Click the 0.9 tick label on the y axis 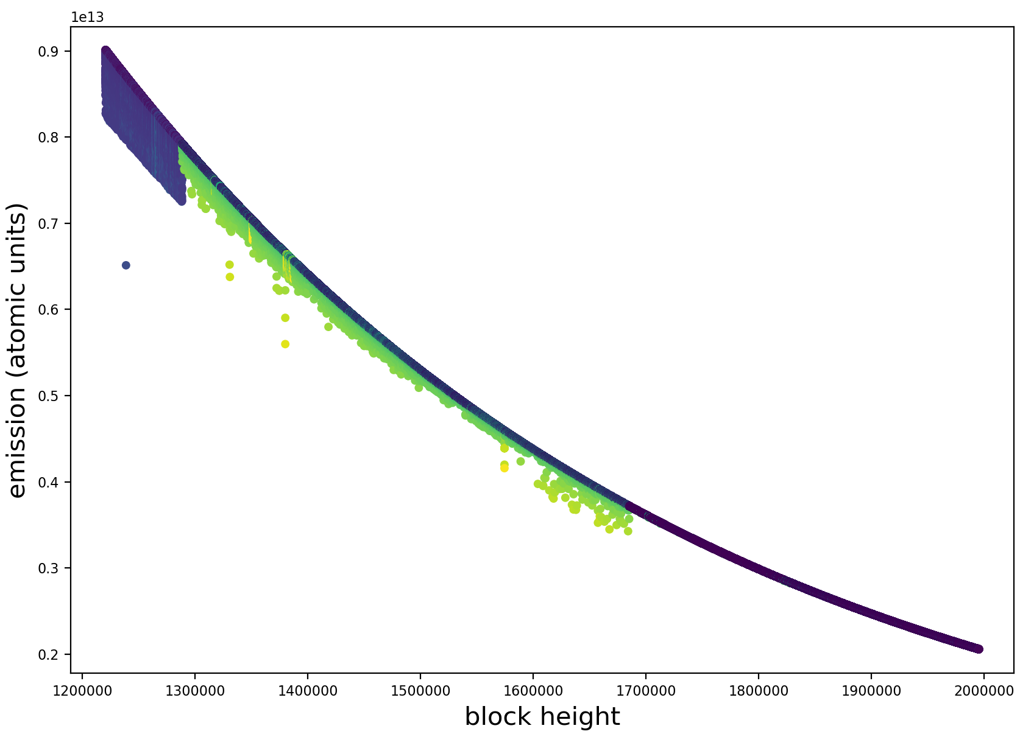(x=54, y=51)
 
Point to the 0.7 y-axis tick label (x=54, y=223)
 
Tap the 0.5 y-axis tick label (x=54, y=396)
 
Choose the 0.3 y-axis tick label (x=54, y=568)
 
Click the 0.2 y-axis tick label (x=54, y=654)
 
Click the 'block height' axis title (x=542, y=717)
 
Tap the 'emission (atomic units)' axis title (x=18, y=350)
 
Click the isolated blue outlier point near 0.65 (x=126, y=265)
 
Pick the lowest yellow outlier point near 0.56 (x=285, y=344)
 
